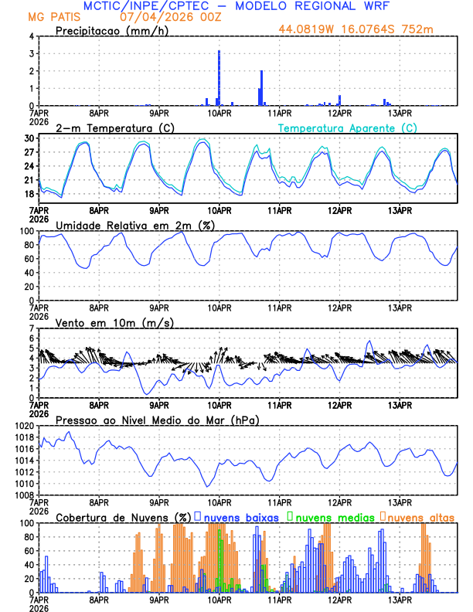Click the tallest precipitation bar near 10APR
[219, 77]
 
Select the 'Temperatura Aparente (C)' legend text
[348, 127]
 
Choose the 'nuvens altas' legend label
[420, 516]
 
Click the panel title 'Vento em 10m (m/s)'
[114, 322]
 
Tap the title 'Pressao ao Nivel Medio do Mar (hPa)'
[157, 420]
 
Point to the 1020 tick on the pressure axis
[26, 426]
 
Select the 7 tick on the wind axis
[32, 328]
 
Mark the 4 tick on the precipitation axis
[32, 36]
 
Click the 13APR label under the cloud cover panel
[399, 600]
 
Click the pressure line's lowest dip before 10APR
[207, 485]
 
